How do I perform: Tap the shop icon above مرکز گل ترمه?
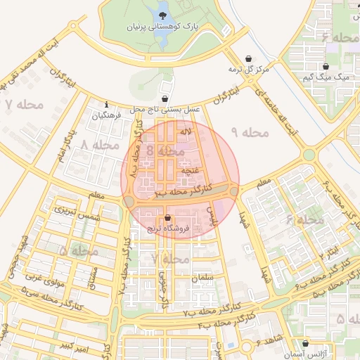pos(248,59)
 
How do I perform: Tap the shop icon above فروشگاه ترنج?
pos(167,218)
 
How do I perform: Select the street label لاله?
pos(186,131)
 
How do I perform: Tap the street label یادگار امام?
pos(66,144)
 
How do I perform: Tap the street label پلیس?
pos(212,216)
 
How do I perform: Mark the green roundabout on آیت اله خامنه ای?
pos(309,155)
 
